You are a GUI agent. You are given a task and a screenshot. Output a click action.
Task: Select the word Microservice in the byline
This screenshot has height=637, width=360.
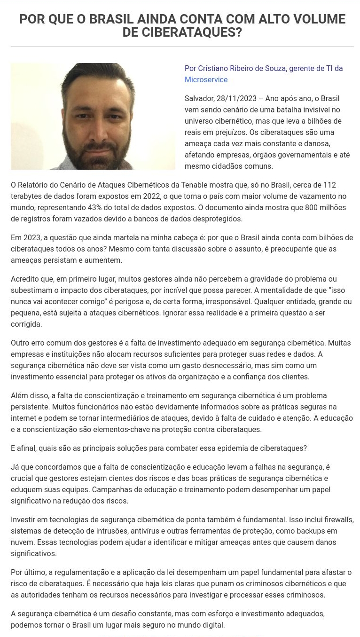[x=206, y=80]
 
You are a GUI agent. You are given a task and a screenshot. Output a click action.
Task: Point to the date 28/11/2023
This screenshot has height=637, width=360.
[x=237, y=99]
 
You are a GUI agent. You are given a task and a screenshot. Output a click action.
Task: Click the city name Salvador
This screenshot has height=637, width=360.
[x=200, y=99]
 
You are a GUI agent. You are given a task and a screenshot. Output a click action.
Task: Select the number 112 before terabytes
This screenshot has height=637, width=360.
[x=329, y=185]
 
